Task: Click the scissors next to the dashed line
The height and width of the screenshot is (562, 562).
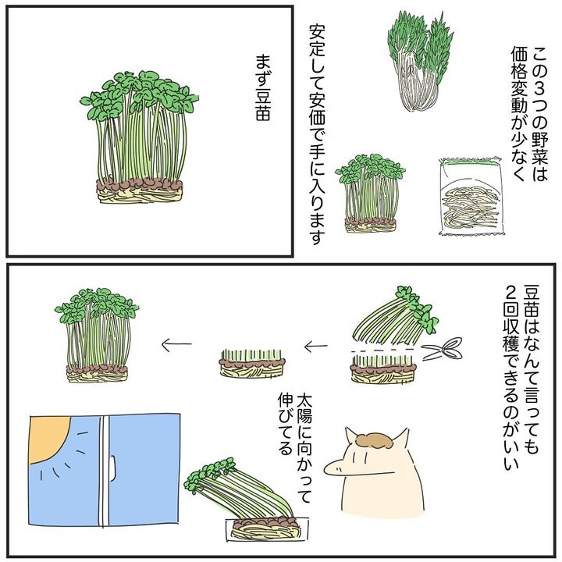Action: [x=442, y=348]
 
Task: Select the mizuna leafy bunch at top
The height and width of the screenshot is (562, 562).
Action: [x=420, y=61]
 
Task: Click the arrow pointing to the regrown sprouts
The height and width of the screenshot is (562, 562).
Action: [x=176, y=345]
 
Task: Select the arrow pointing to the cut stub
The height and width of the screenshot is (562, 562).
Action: [x=316, y=347]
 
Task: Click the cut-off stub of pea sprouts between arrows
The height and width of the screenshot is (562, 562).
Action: [x=252, y=363]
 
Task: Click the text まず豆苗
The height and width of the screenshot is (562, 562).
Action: [x=263, y=87]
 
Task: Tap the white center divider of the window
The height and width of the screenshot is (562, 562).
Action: [x=104, y=470]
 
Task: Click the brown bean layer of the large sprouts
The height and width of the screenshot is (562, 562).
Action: [x=140, y=185]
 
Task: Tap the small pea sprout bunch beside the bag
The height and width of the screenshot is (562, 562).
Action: [x=371, y=194]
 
